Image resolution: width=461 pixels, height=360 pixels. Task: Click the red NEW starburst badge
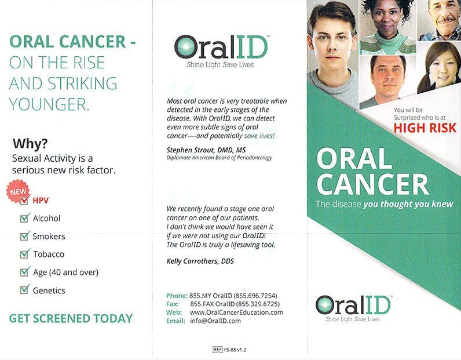(18, 192)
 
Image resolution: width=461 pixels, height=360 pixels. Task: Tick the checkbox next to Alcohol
(24, 218)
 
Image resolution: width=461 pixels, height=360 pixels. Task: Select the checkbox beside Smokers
(24, 236)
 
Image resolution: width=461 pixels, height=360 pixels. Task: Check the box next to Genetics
(24, 290)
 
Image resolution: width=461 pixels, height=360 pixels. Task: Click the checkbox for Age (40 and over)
(24, 272)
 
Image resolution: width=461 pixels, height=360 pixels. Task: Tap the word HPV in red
(41, 201)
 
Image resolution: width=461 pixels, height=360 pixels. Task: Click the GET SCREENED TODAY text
(71, 318)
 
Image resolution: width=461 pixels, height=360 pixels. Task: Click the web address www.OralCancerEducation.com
(236, 312)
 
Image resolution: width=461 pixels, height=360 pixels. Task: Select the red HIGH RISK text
(425, 128)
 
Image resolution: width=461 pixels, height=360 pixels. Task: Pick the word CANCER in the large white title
(372, 184)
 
